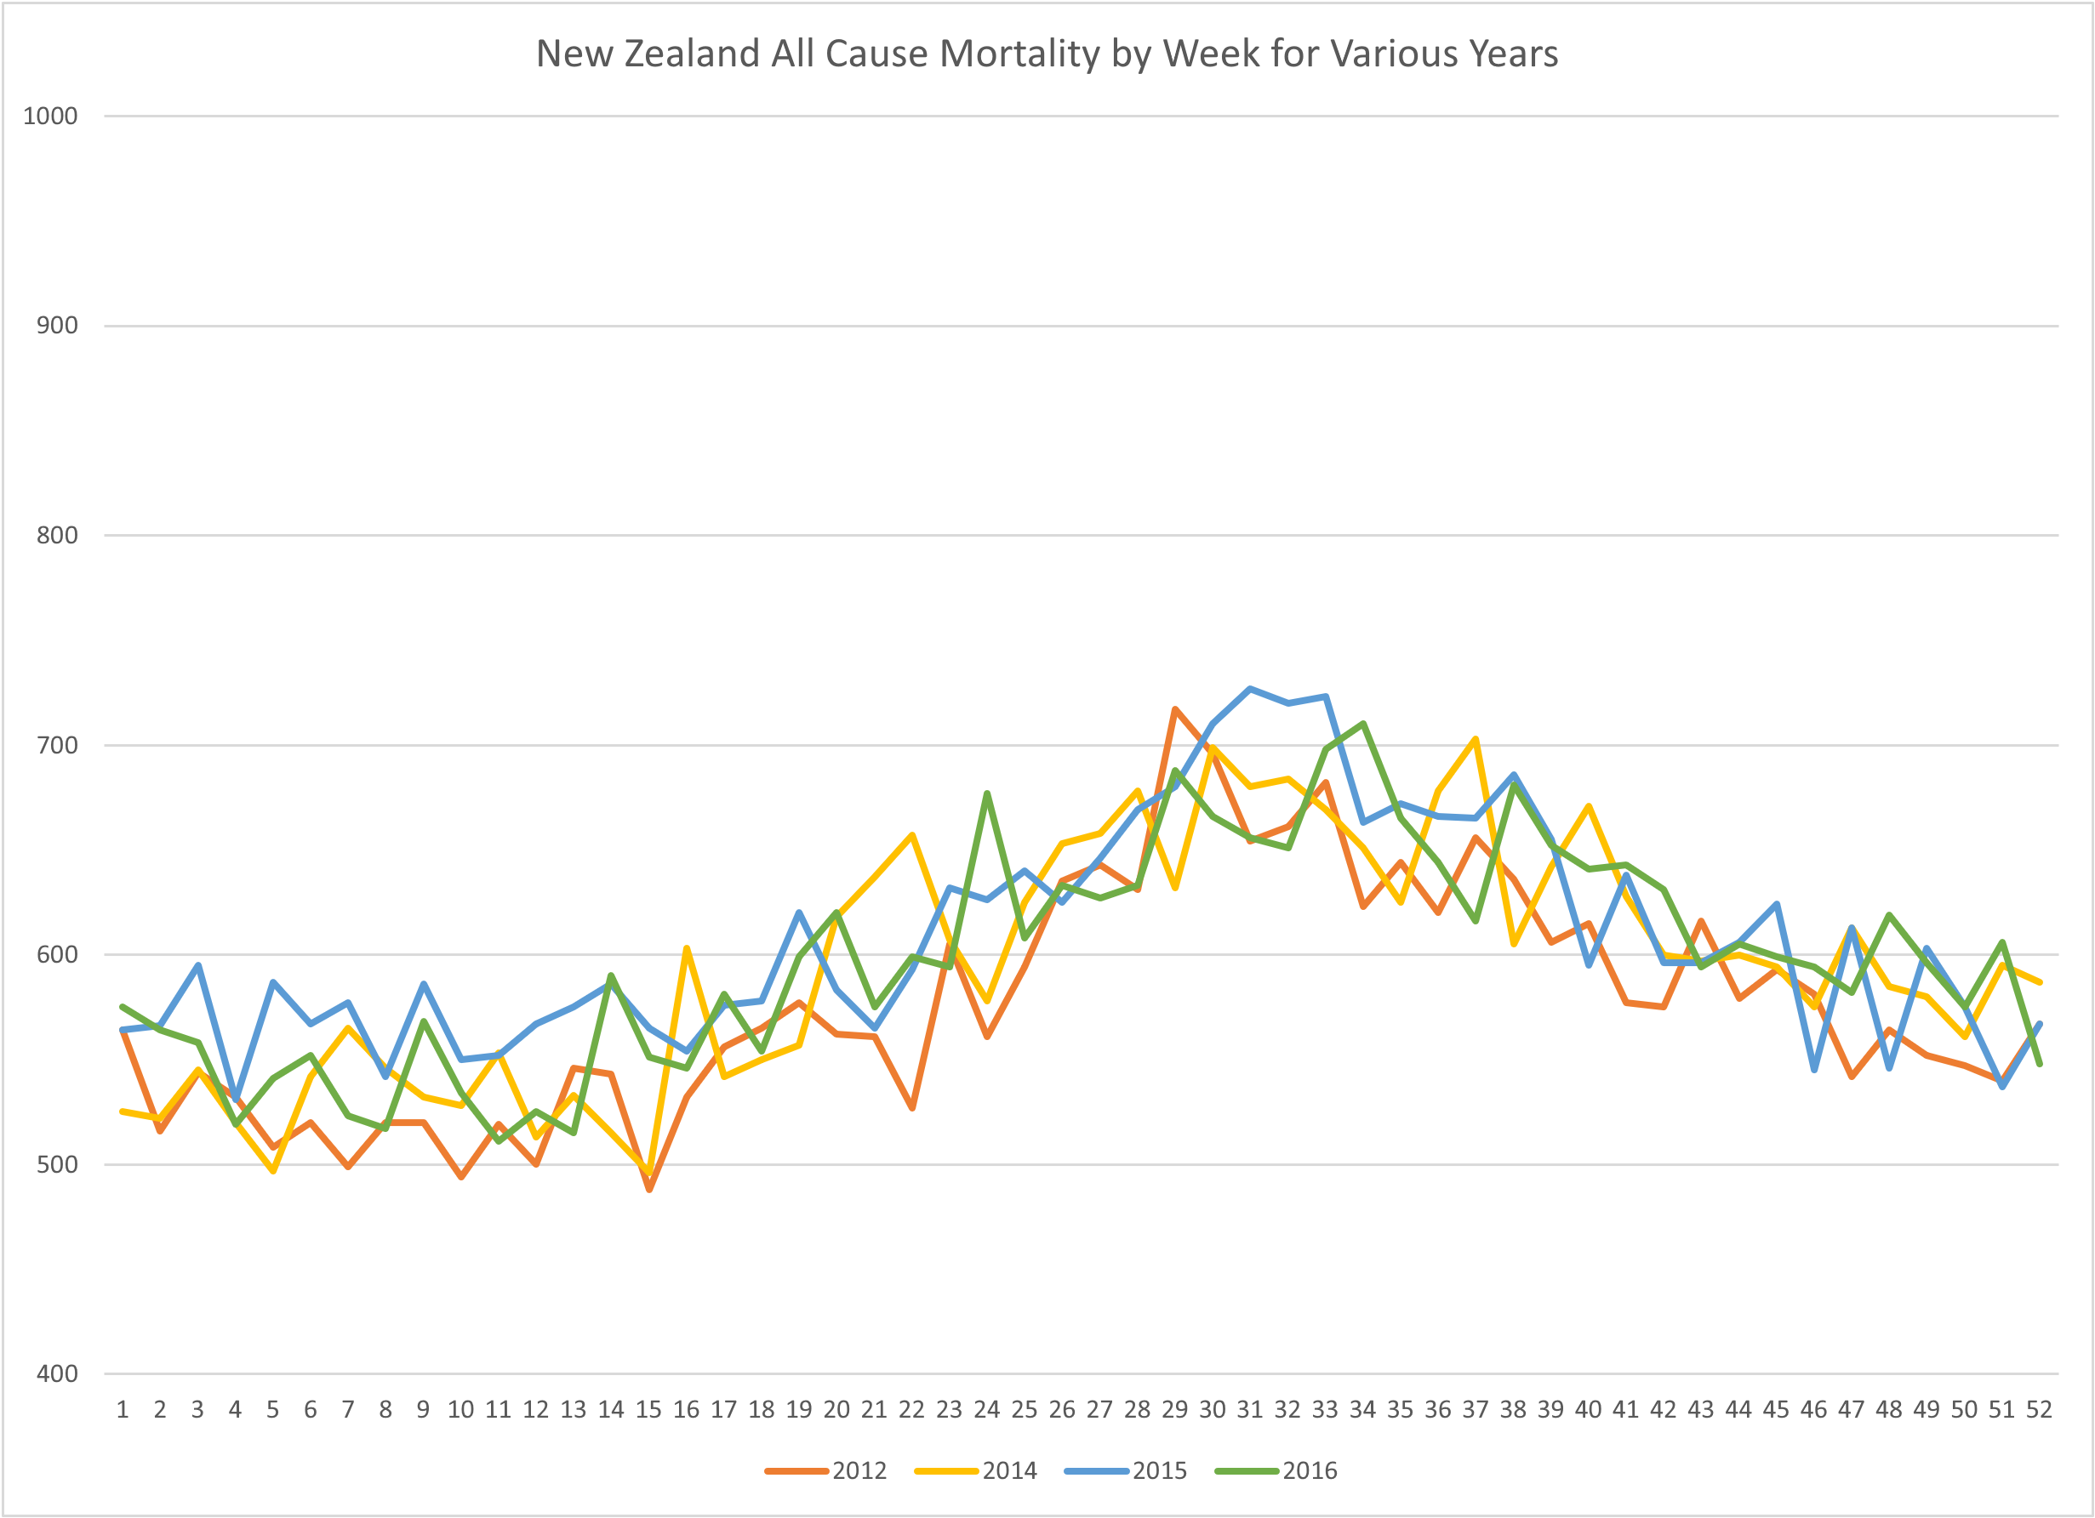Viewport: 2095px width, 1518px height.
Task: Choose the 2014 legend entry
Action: pos(1008,1470)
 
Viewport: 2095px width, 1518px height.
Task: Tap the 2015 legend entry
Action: pos(1159,1470)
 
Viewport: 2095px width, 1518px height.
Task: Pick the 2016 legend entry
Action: pos(1309,1470)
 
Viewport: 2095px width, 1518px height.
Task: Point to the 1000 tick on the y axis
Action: pos(50,116)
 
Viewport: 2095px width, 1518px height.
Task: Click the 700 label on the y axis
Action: pos(56,745)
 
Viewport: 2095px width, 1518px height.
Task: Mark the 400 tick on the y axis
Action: pos(56,1374)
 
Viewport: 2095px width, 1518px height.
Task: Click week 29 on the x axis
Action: pos(1174,1410)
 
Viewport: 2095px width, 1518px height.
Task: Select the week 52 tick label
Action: pos(2039,1410)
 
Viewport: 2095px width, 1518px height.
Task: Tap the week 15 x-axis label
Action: pos(648,1410)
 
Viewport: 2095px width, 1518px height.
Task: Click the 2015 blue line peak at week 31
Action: pos(1250,689)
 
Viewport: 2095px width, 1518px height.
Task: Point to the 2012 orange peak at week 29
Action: pos(1175,709)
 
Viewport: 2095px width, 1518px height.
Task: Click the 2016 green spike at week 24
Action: pos(987,793)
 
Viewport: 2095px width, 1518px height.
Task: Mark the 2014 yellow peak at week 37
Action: pos(1476,739)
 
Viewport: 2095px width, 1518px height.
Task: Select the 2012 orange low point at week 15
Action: pos(649,1189)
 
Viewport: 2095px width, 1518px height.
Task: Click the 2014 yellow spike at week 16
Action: pos(687,948)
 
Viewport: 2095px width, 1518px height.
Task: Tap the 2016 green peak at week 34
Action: pos(1363,724)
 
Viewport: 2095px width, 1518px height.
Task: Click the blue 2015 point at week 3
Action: pos(197,965)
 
